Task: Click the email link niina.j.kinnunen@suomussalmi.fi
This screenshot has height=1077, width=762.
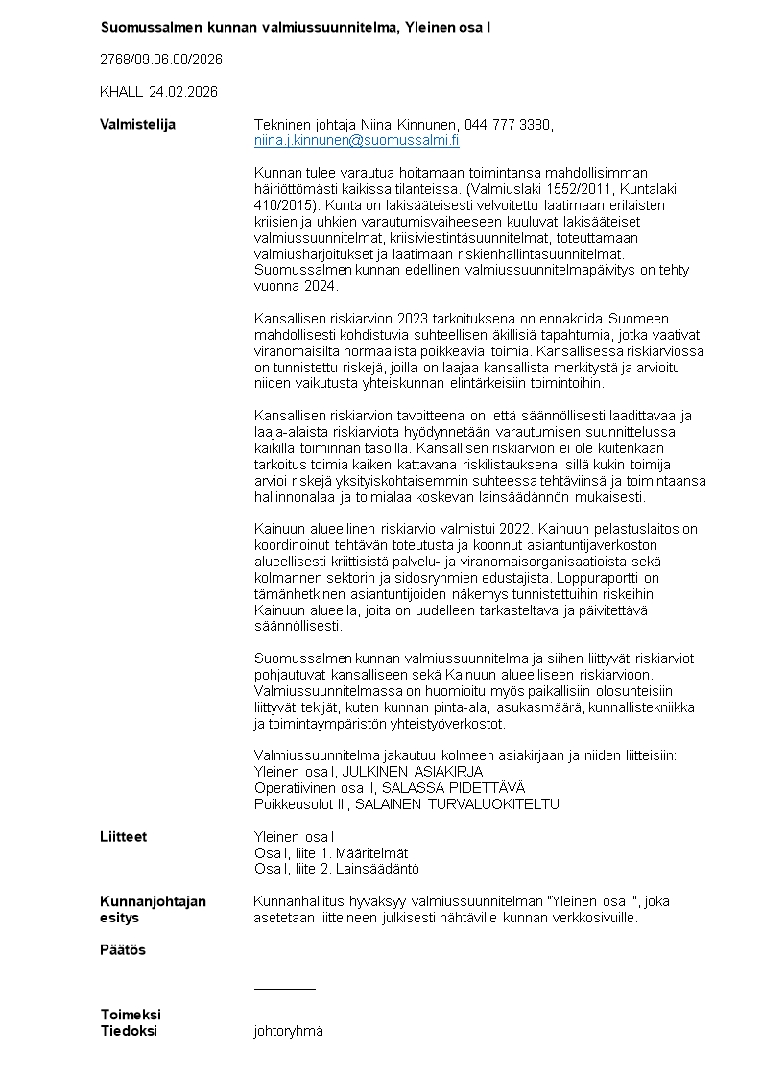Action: click(x=356, y=140)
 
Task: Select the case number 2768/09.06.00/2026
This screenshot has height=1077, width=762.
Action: click(x=161, y=60)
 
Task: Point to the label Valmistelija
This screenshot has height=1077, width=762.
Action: click(x=137, y=125)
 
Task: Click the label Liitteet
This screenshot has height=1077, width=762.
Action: click(x=124, y=837)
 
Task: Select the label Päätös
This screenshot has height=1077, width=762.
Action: click(x=123, y=950)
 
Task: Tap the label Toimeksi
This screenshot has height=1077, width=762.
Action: click(x=131, y=1015)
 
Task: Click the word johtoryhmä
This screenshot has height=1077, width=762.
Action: click(x=288, y=1031)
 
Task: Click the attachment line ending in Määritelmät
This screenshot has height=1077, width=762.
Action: click(x=331, y=853)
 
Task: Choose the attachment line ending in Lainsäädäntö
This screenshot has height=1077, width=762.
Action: click(x=336, y=869)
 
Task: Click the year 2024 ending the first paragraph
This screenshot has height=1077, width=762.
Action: click(x=318, y=286)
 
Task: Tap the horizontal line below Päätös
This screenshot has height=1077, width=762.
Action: click(x=284, y=988)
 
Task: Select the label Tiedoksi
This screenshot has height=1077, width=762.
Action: click(x=129, y=1031)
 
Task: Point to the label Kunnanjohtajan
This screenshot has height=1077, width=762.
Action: click(x=153, y=901)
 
